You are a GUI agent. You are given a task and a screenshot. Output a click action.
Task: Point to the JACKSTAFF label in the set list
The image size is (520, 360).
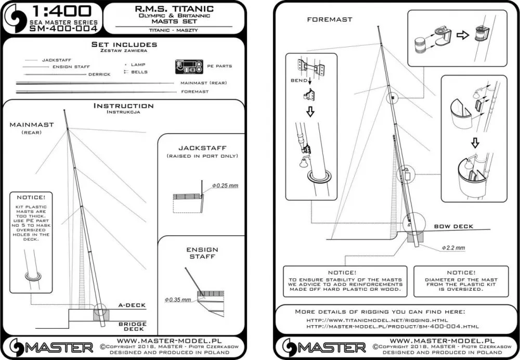(x=57, y=60)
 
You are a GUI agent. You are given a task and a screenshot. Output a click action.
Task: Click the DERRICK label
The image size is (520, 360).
(x=99, y=74)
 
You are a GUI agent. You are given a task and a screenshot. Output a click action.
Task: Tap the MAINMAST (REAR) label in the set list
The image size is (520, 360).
(x=203, y=83)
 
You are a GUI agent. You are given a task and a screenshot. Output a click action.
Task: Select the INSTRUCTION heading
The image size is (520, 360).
(x=123, y=106)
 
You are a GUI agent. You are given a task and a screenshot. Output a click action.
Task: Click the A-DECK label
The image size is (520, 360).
(x=133, y=305)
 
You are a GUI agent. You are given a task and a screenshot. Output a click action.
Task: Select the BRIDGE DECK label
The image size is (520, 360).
(x=132, y=327)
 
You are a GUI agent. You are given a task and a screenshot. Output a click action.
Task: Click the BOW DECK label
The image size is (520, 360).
(x=453, y=226)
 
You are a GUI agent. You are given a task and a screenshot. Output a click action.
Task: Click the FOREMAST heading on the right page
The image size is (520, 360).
(x=329, y=19)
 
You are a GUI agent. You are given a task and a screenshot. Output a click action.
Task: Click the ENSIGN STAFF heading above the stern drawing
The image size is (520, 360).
(x=202, y=253)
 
